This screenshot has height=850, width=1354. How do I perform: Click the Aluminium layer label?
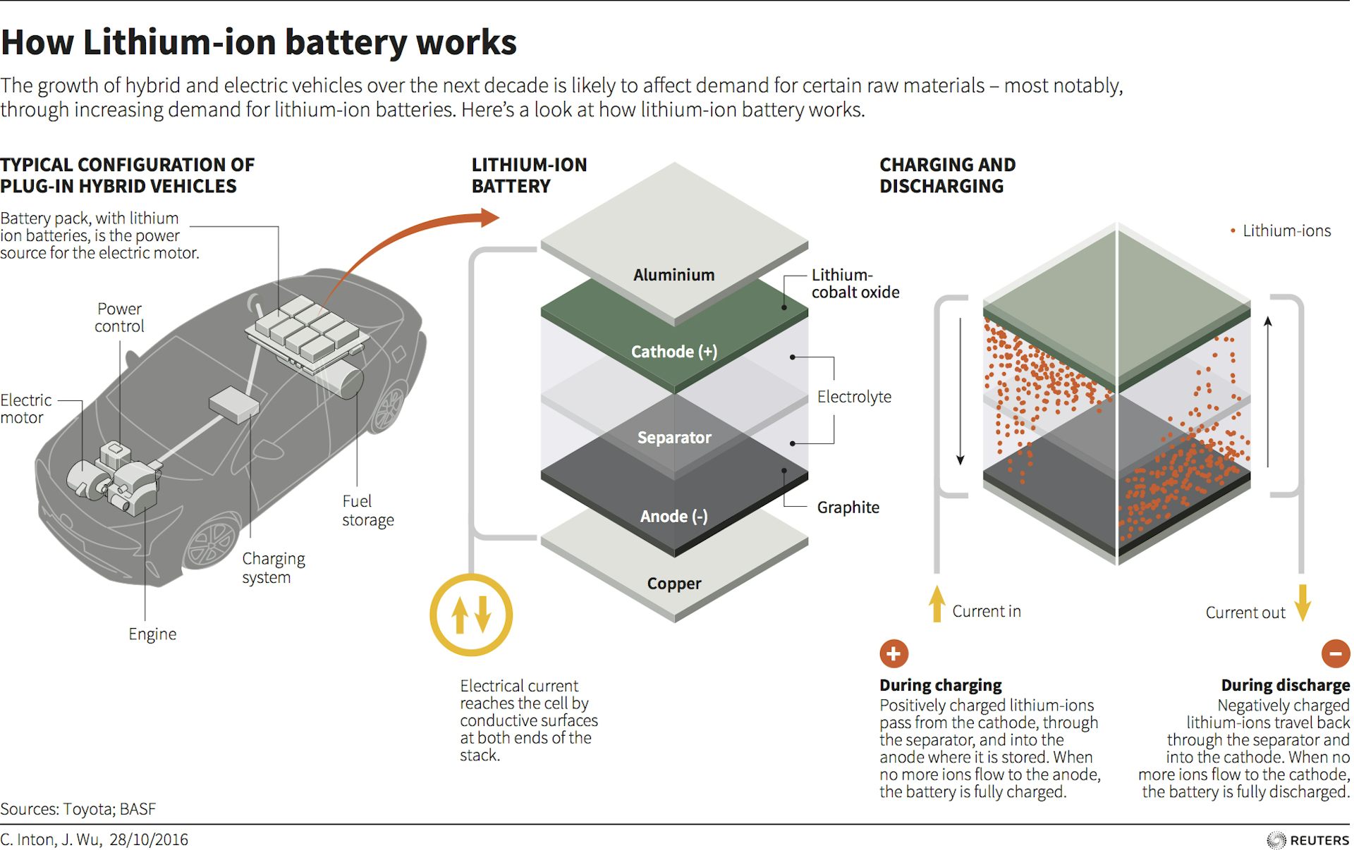point(673,275)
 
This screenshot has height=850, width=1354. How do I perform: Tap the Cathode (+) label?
point(673,352)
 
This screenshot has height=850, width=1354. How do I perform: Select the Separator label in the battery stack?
point(674,438)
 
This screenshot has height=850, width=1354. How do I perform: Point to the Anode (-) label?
point(673,517)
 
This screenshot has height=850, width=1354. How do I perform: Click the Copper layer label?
point(674,584)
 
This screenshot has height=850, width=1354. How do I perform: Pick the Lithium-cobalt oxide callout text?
point(855,283)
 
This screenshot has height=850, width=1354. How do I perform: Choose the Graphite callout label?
point(848,507)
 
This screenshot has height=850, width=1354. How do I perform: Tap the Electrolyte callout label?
point(854,397)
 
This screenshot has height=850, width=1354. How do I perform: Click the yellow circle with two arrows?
point(471,615)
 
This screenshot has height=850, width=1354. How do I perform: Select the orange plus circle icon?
point(893,653)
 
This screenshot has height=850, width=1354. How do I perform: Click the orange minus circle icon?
point(1335,653)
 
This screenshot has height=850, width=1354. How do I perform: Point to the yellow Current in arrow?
point(937,603)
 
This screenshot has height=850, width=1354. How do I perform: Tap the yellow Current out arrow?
point(1303,603)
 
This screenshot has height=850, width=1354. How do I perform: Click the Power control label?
point(119,318)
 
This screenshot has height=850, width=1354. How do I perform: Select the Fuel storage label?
point(367,510)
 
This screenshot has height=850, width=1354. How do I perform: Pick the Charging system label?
point(273,568)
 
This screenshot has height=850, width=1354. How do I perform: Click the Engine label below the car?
point(152,634)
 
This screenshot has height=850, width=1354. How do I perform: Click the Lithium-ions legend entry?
point(1286,231)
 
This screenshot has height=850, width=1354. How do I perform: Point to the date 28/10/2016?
point(149,839)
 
